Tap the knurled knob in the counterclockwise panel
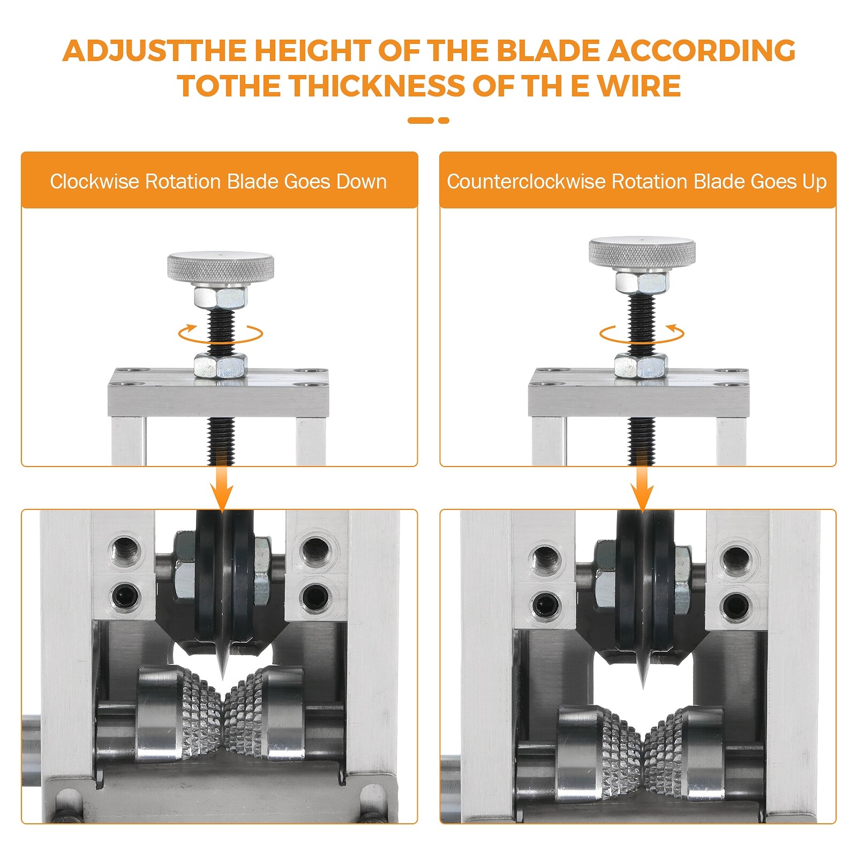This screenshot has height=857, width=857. [x=642, y=253]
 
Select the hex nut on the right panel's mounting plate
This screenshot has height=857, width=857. [x=641, y=366]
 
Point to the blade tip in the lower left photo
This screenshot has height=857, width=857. [x=223, y=680]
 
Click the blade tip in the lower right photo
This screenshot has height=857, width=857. [x=643, y=687]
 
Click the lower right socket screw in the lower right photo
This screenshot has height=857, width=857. [x=736, y=606]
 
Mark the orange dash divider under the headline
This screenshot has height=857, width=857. [x=428, y=121]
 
